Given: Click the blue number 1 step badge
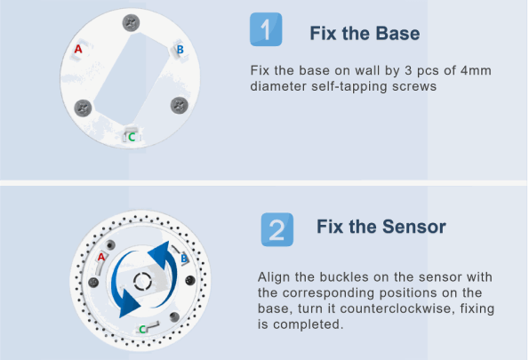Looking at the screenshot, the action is pyautogui.click(x=266, y=29).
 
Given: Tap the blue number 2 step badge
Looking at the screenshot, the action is pyautogui.click(x=277, y=229).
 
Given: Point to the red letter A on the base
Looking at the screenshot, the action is pyautogui.click(x=78, y=49).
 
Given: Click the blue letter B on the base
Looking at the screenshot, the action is pyautogui.click(x=180, y=50).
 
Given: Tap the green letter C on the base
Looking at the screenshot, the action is pyautogui.click(x=132, y=137).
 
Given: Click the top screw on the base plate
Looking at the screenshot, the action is pyautogui.click(x=131, y=23).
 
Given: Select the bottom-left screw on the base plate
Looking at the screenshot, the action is pyautogui.click(x=83, y=108).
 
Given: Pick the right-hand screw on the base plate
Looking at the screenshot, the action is pyautogui.click(x=179, y=106).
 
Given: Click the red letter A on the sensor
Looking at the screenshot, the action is pyautogui.click(x=101, y=258).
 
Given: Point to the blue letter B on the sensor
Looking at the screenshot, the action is pyautogui.click(x=184, y=259).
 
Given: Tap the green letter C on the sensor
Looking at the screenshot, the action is pyautogui.click(x=142, y=329).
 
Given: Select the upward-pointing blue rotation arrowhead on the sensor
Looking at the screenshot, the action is pyautogui.click(x=160, y=254).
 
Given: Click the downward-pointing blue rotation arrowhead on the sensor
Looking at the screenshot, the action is pyautogui.click(x=128, y=304).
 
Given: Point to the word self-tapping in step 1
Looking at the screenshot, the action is pyautogui.click(x=349, y=86).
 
